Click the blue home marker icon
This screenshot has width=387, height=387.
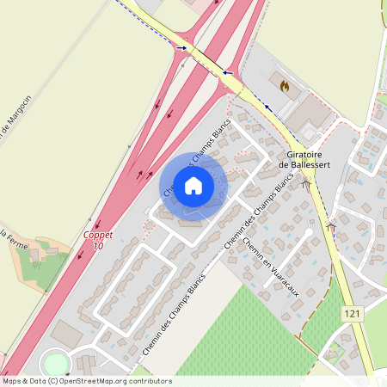(193, 184)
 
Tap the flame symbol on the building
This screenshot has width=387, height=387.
(284, 85)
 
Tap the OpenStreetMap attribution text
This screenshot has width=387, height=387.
(86, 380)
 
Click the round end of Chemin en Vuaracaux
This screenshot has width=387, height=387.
(309, 232)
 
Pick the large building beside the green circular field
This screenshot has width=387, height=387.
(67, 333)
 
